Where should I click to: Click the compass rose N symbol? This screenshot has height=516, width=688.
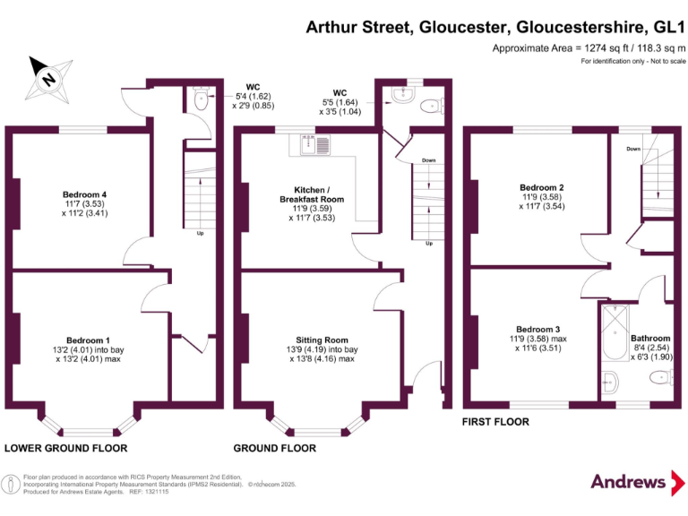48,80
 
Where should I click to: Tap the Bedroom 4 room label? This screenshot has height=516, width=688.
85,194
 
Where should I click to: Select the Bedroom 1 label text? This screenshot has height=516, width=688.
88,340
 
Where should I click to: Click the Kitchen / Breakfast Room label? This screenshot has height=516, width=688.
312,194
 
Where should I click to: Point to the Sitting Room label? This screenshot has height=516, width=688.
322,340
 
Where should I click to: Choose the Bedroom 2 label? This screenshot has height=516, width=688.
542,187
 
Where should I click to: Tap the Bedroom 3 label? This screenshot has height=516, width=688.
537,329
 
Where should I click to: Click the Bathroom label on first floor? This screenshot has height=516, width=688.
650,339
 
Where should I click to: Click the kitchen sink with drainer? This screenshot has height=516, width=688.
315,145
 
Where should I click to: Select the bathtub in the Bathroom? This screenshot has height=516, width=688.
615,332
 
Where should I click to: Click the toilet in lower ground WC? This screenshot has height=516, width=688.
201,99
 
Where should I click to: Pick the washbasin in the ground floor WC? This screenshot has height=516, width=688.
403,94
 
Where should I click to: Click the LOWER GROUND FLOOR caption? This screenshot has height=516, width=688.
65,448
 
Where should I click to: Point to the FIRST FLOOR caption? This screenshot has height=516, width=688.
495,422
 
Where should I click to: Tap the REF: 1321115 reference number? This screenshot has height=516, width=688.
150,492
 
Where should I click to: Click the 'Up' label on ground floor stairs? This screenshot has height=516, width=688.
429,243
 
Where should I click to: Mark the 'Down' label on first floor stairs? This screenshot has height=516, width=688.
633,149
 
